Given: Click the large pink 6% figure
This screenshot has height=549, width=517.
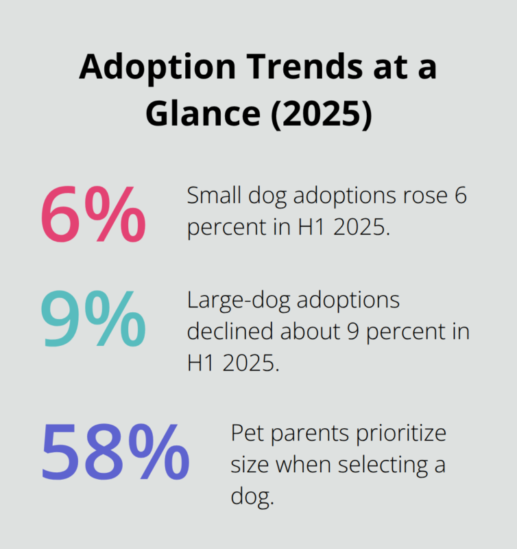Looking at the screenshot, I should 93,215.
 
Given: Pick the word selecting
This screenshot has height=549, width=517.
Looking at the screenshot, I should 379,465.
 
